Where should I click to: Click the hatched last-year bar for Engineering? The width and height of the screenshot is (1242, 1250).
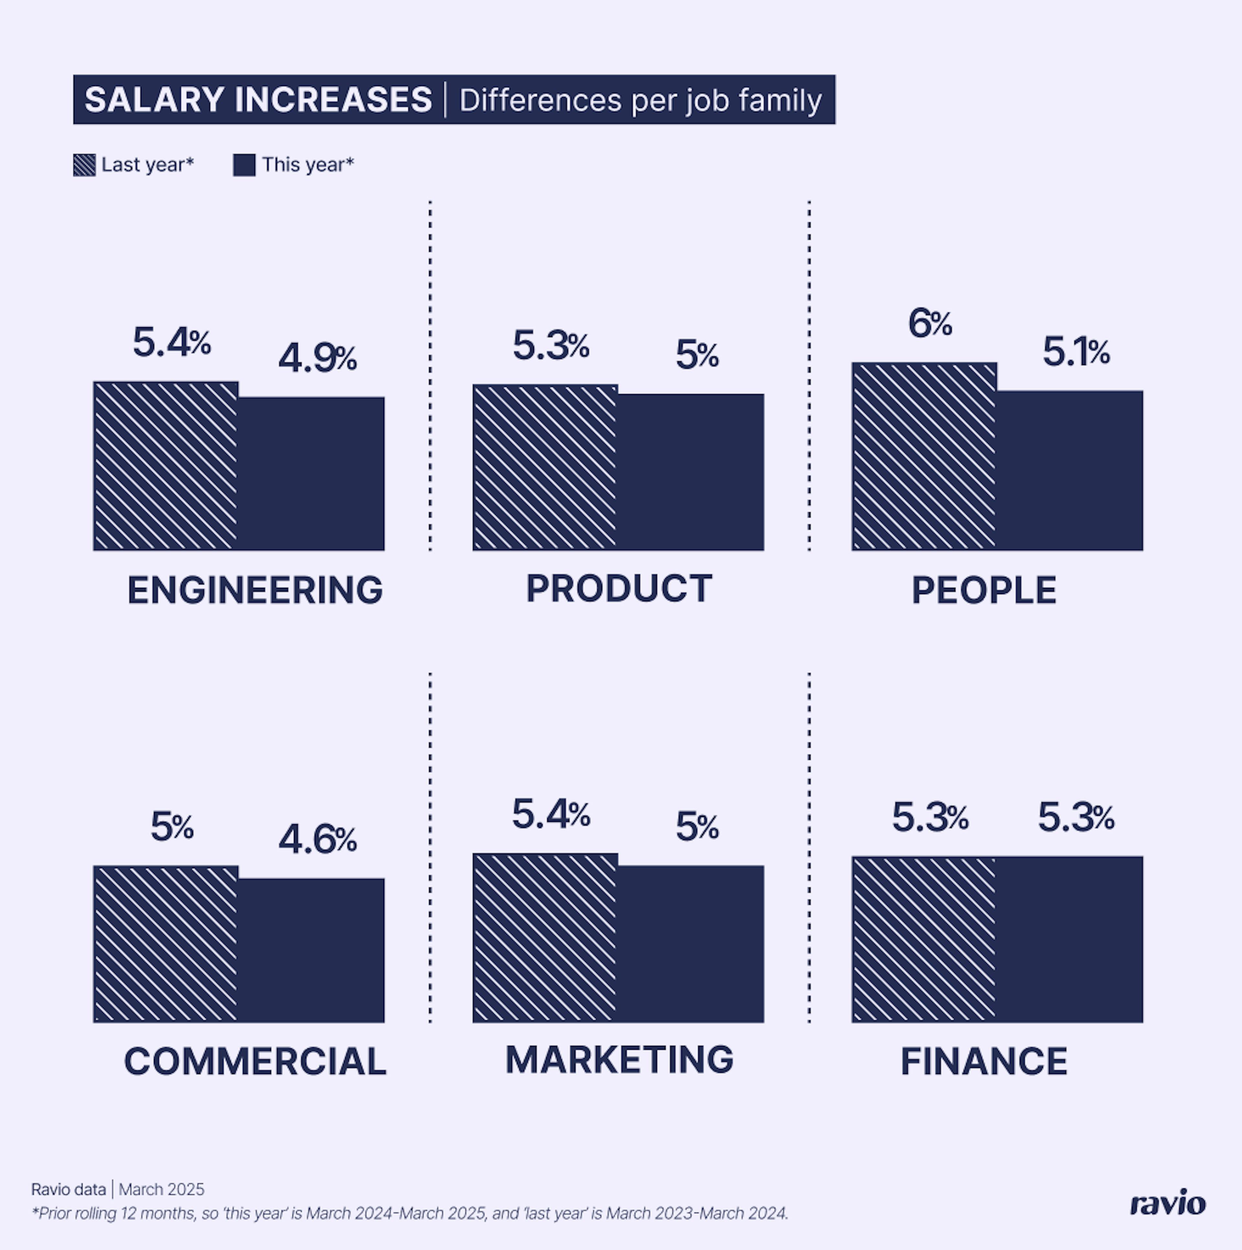coord(166,466)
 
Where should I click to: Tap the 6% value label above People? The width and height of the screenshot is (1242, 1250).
coord(930,324)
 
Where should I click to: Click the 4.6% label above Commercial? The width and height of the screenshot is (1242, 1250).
coord(317,840)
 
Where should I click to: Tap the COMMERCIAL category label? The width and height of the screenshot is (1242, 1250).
coord(255,1062)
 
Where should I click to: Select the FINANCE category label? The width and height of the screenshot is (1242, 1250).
coord(984,1062)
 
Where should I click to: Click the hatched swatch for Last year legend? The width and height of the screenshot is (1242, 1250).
coord(84,165)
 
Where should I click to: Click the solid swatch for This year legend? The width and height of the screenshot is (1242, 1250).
coord(244,165)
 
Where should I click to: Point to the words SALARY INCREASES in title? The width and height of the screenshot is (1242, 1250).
coord(258,100)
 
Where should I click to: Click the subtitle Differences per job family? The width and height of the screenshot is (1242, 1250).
coord(640,100)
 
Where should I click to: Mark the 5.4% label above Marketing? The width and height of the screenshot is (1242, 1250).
coord(550,814)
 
